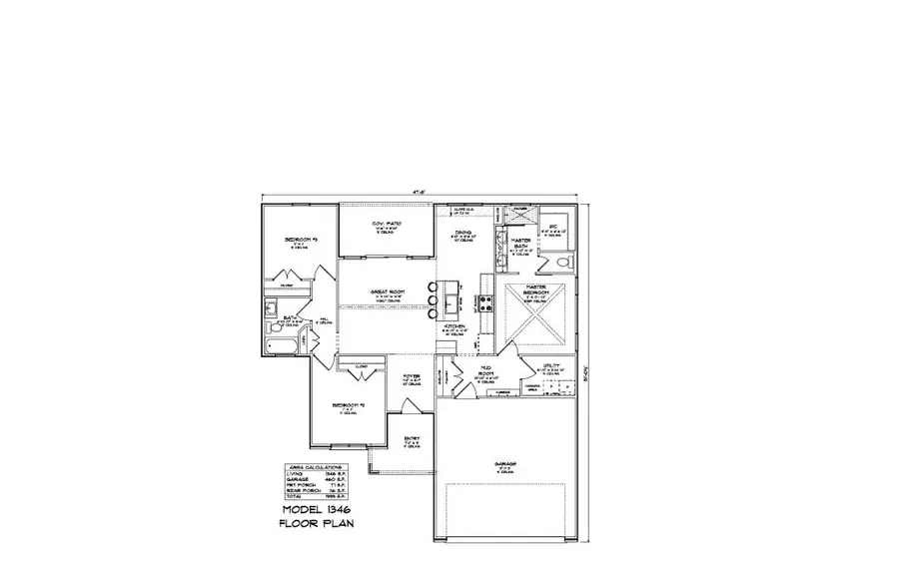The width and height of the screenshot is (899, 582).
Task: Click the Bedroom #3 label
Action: click(x=301, y=240)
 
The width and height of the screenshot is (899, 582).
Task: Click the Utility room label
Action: click(x=550, y=367)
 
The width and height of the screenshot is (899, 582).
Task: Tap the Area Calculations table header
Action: click(x=313, y=467)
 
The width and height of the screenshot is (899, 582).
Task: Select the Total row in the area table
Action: click(x=313, y=497)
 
